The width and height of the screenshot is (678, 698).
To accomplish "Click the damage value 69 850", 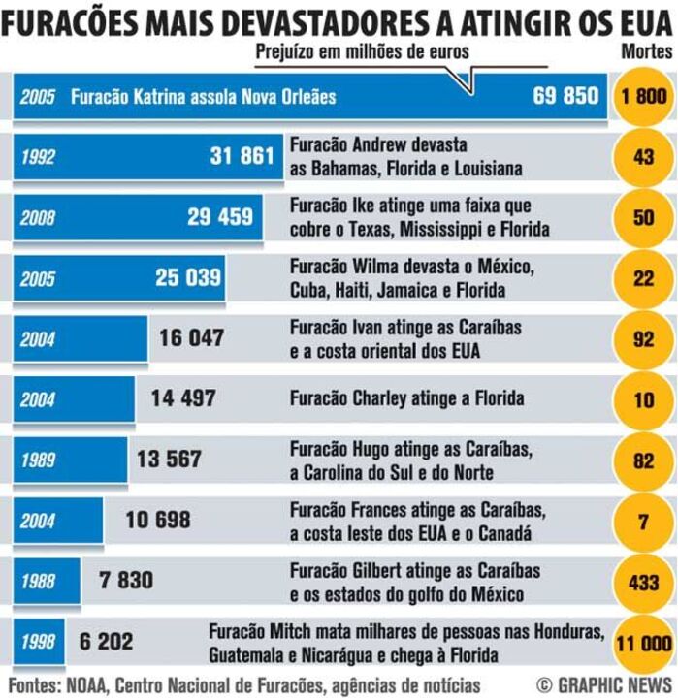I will tap(565, 96).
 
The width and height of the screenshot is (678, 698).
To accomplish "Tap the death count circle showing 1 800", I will tap(644, 96).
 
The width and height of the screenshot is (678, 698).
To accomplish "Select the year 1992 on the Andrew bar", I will tap(39, 157).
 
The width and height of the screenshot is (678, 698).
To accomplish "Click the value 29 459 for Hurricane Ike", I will tap(220, 217).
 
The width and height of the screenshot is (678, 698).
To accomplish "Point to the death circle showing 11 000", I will tap(644, 642).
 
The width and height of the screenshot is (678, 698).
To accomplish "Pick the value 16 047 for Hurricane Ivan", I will tap(191, 338).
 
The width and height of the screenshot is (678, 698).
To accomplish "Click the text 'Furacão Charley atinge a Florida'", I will tap(406, 398).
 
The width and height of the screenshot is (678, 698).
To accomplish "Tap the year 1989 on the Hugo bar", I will tap(39, 460).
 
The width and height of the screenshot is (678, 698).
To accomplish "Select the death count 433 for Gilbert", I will tap(644, 581).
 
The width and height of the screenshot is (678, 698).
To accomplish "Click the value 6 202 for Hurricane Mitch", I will tap(107, 642).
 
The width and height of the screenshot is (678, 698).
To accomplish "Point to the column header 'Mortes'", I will tap(644, 49).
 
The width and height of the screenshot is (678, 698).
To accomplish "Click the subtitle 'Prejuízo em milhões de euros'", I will tap(362, 51).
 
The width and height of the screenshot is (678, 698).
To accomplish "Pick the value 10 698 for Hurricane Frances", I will tap(158, 520).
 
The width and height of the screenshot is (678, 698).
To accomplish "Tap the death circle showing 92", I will tap(644, 338).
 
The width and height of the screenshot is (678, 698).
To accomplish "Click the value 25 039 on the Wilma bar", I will tap(188, 278).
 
